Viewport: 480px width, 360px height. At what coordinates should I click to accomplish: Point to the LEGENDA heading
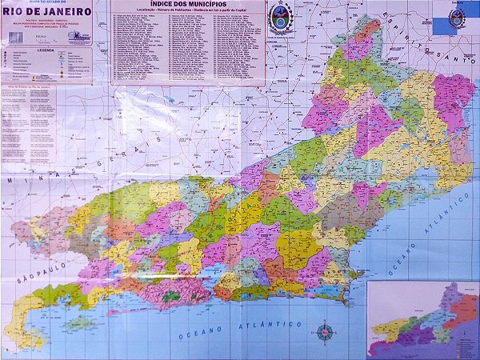click(x=45, y=49)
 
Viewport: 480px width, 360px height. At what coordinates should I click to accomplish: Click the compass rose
click(x=326, y=330)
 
